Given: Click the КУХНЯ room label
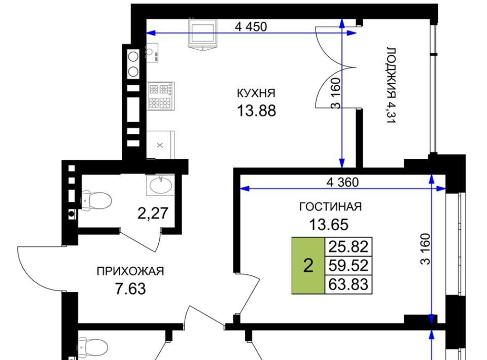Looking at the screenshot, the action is point(256,93).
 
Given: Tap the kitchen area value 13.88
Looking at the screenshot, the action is point(256,111).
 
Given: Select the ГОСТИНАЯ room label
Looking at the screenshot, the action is point(330,207).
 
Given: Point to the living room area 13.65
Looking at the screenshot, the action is point(329,225).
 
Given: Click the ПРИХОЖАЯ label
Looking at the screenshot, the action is point(130,271).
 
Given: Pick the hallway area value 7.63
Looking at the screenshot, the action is point(130,289).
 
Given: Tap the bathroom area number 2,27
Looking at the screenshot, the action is point(153,213).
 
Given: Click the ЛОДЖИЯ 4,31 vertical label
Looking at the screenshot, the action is point(391,85).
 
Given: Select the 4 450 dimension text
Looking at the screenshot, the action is point(251,27).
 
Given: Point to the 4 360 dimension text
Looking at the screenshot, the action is point(342,182).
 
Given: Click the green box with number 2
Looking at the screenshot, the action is point(308,266).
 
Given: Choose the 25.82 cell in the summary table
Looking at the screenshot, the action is point(348,247).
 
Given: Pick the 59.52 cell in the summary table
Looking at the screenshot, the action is point(348,265).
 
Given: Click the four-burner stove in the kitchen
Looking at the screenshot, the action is point(161,96).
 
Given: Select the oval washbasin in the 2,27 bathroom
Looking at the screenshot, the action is point(161,185).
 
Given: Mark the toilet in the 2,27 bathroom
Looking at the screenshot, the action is point(95,201).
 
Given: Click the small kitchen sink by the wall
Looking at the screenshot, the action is point(152,53).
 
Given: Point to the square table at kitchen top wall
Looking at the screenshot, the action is point(203,33).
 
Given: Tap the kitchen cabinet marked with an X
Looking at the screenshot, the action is point(160,145).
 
